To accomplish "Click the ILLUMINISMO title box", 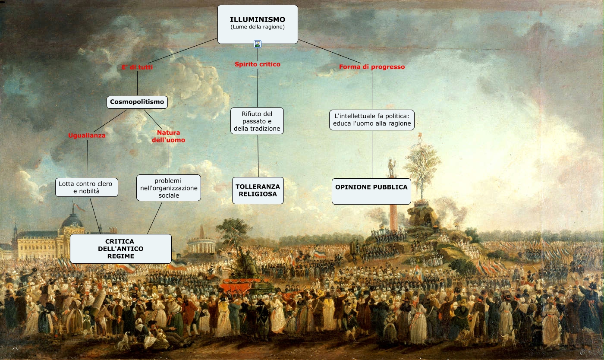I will coord(258,24).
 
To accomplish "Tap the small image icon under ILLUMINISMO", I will coord(258,44).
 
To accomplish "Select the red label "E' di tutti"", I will coord(137,67).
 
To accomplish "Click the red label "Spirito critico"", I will coord(258,64).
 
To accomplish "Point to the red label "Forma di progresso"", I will coord(372,67).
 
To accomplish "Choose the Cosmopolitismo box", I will coord(137,102).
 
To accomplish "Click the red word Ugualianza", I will coord(87,136).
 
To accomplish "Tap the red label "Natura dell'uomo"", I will coord(168,136).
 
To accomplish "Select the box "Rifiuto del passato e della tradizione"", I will coord(257,121).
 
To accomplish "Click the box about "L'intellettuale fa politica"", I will coord(372,120).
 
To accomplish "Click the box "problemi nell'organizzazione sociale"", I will coord(168,188).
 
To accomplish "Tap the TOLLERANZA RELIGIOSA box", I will coord(258,190).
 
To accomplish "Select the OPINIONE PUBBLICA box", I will coord(371,191).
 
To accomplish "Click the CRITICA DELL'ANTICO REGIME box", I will coord(120,249).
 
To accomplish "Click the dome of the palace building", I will coord(72,221).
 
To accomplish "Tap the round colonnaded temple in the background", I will coord(201,244).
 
